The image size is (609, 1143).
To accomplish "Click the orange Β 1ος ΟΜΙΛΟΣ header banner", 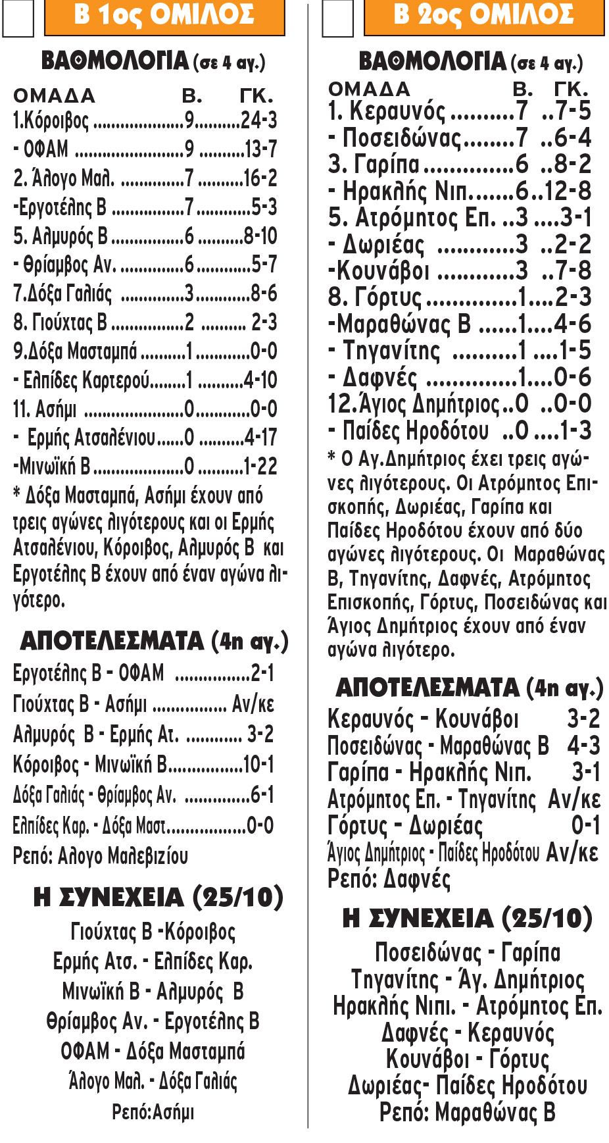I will [164, 16].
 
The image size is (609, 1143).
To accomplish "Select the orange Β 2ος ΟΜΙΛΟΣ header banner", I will [483, 16].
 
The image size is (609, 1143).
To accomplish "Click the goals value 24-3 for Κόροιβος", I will [259, 120].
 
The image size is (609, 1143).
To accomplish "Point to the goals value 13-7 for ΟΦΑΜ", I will [261, 149].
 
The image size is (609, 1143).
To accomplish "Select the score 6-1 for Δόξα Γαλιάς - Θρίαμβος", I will [262, 796].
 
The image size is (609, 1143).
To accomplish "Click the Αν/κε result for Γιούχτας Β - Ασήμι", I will [253, 705].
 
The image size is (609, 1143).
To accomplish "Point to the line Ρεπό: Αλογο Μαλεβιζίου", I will [101, 856].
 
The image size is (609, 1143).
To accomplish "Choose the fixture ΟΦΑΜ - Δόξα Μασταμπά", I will [153, 1051].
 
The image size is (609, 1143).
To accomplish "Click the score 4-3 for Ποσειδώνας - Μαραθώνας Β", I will [584, 746].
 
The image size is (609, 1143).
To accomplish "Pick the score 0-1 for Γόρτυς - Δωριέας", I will [586, 825].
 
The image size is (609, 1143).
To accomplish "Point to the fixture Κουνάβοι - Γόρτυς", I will [468, 1059].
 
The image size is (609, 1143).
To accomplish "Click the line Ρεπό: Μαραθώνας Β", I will [468, 1112].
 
